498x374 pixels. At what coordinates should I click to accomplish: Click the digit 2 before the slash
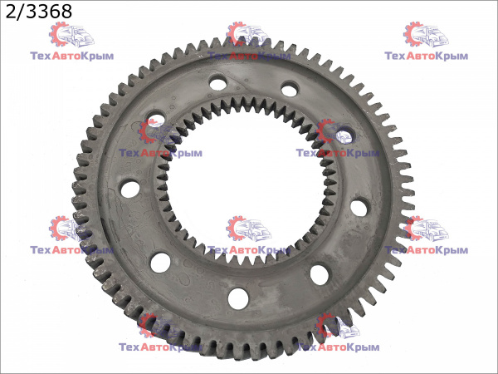[11, 12]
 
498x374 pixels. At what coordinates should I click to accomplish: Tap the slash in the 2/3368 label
[20, 12]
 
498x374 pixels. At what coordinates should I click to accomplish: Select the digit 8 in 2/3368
[66, 12]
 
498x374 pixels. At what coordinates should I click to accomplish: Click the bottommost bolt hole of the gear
[238, 298]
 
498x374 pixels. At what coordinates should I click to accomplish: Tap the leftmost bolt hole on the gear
[130, 189]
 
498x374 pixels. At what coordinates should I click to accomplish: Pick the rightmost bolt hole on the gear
[359, 207]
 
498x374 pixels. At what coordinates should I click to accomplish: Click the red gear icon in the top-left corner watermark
[59, 34]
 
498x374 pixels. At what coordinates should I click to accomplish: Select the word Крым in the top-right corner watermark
[452, 56]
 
